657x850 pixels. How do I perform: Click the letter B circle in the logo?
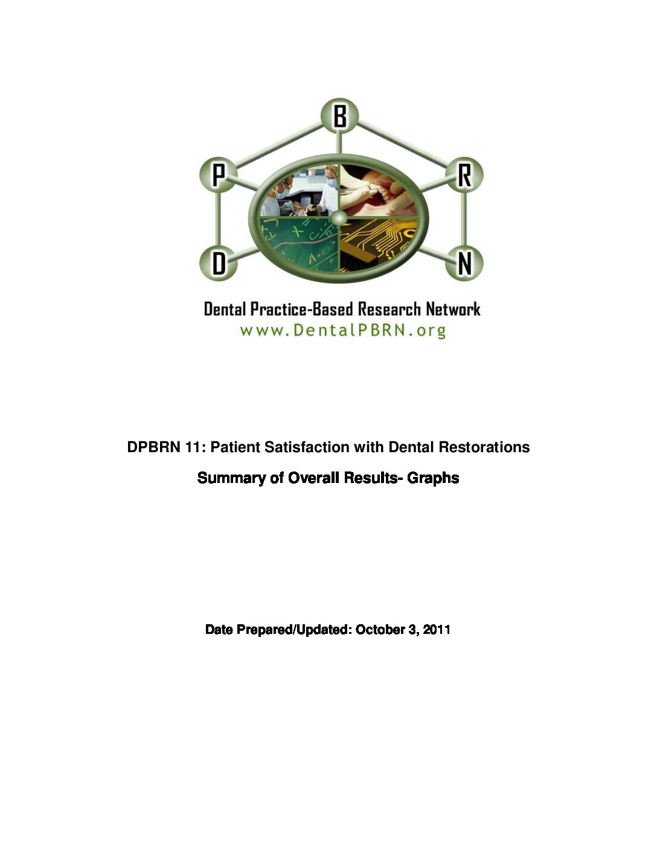(339, 116)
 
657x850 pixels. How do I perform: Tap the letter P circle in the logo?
(219, 174)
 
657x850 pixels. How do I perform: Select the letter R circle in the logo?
(464, 174)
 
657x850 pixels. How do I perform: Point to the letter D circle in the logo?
(219, 263)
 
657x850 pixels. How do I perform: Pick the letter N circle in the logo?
(464, 263)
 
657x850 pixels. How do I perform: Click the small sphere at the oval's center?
(339, 217)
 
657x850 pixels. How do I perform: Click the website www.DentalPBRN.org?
(343, 331)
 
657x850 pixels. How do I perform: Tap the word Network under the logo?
(453, 309)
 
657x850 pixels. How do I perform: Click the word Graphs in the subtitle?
(433, 478)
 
